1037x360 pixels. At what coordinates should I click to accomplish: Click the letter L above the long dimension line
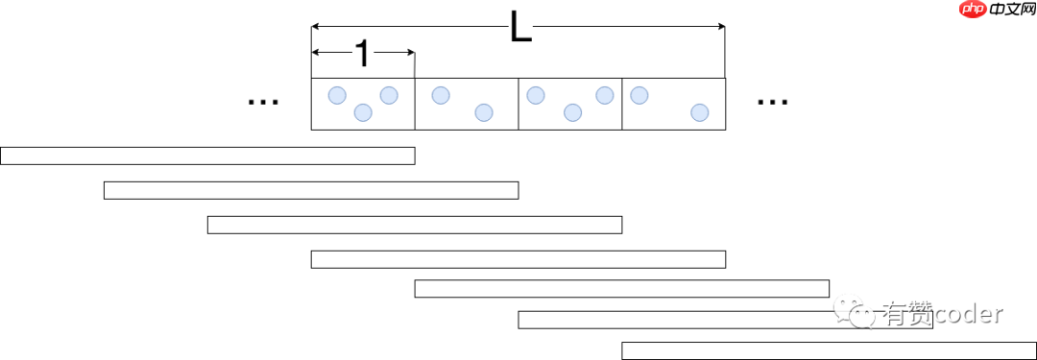click(519, 29)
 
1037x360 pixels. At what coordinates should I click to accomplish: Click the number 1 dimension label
click(362, 55)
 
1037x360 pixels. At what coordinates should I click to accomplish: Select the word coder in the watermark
click(968, 313)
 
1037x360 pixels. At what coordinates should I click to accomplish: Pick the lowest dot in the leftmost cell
click(363, 112)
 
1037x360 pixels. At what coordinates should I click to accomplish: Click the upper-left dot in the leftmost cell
click(337, 95)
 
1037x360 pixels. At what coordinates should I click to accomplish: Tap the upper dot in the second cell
click(441, 95)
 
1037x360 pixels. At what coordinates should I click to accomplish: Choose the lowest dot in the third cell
click(572, 112)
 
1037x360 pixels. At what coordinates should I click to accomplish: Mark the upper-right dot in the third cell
click(604, 95)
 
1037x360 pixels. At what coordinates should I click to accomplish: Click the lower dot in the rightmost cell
click(700, 112)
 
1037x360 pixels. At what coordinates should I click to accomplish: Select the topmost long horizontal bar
click(207, 156)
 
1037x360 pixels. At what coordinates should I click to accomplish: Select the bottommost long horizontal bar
click(829, 350)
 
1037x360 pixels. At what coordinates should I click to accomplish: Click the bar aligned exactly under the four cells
click(518, 259)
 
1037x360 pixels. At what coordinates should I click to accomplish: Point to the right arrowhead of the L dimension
click(720, 26)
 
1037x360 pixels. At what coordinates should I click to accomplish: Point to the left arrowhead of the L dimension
click(316, 26)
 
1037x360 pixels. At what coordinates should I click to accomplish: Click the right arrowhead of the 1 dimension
click(410, 53)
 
